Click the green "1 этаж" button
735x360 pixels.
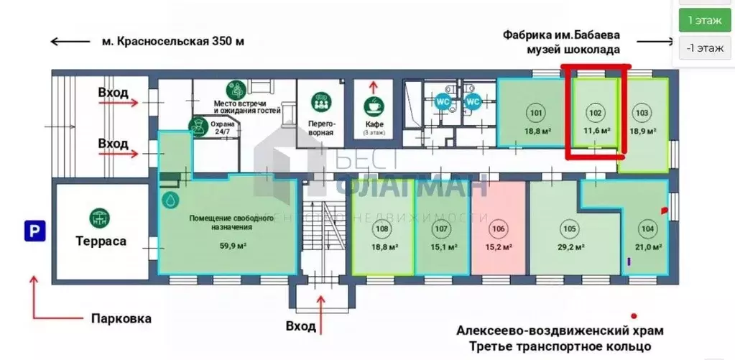pyautogui.click(x=705, y=19)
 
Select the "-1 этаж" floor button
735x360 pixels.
pyautogui.click(x=705, y=48)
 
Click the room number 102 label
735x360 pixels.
pyautogui.click(x=595, y=113)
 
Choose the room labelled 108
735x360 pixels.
pyautogui.click(x=383, y=230)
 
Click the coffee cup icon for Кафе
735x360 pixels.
pyautogui.click(x=373, y=104)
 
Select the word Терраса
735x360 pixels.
pyautogui.click(x=101, y=241)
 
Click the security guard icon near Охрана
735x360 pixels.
pyautogui.click(x=195, y=126)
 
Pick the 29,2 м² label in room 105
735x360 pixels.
pyautogui.click(x=569, y=247)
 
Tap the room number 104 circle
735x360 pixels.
pyautogui.click(x=648, y=229)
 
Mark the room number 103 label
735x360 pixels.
pyautogui.click(x=642, y=113)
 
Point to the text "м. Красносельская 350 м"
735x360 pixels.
pyautogui.click(x=172, y=41)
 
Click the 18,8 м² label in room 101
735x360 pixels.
pyautogui.click(x=536, y=131)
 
